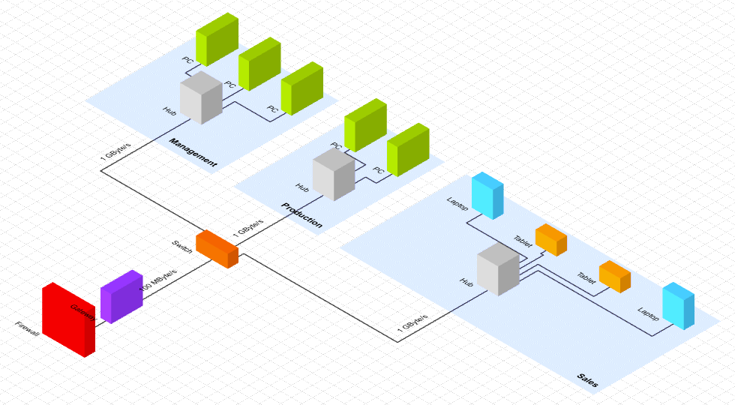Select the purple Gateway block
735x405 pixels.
coord(121,296)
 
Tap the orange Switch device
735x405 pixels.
coord(217,249)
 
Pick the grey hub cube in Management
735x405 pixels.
coord(201,98)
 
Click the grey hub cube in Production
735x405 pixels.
coord(334,174)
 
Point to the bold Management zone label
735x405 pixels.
coord(193,152)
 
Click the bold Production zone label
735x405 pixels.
coord(302,214)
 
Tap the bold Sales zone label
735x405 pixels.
coord(587,380)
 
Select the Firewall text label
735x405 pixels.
coord(27,329)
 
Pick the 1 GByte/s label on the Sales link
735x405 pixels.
coord(412,322)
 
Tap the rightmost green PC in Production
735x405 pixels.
coord(407,150)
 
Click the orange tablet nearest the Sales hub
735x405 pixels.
coord(550,240)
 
